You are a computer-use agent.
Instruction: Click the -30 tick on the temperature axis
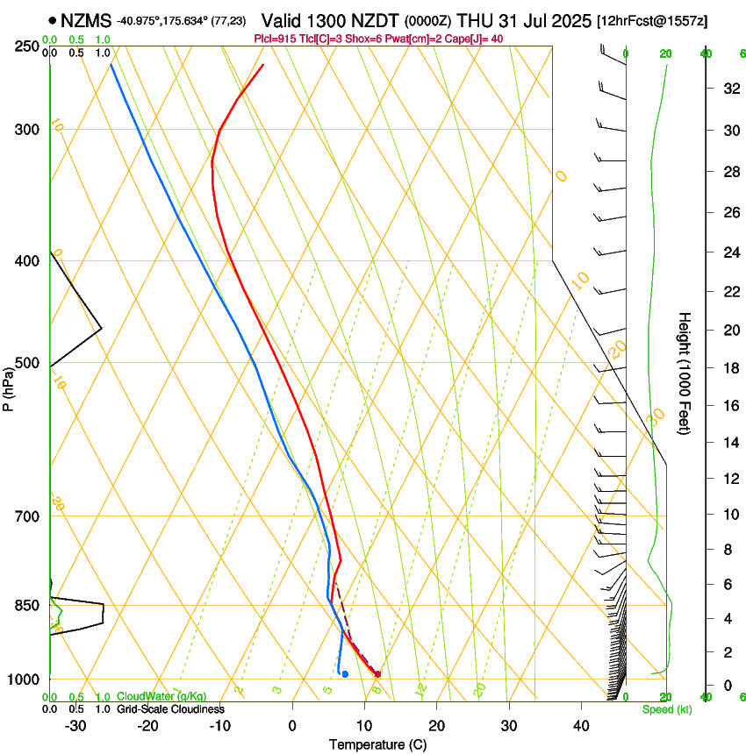coord(75,725)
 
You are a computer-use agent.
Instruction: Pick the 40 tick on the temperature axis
coord(580,725)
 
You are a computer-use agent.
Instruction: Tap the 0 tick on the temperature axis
coord(292,725)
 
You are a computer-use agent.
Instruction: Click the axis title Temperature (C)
coord(378,744)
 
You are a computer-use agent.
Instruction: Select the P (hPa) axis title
coord(9,388)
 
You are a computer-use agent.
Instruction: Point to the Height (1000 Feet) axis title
coord(685,373)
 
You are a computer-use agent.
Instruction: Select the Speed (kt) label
coord(666,709)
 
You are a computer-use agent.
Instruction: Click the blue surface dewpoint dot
coord(345,673)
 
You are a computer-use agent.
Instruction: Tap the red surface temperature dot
coord(377,673)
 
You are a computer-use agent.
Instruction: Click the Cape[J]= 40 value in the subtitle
coord(474,39)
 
